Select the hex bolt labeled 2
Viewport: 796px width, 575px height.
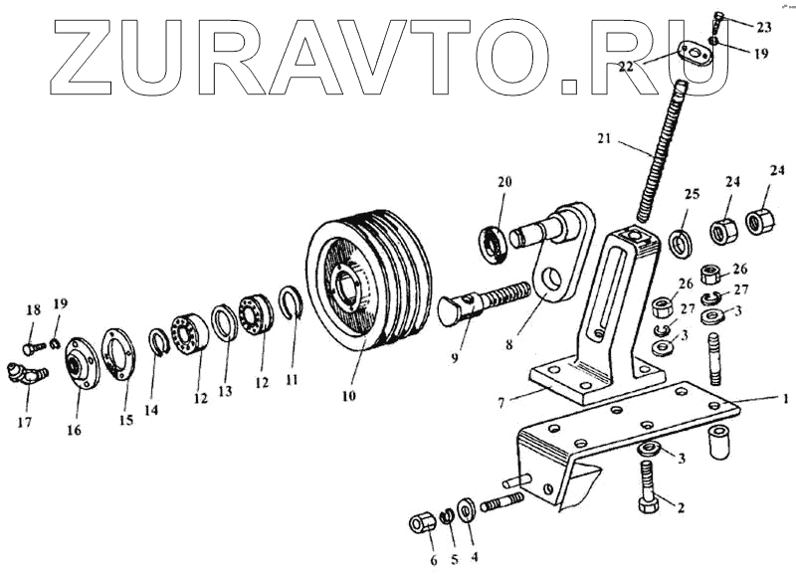648,487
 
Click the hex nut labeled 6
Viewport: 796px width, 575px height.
420,523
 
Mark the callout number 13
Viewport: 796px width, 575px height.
225,391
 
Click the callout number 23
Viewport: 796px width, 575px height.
762,25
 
